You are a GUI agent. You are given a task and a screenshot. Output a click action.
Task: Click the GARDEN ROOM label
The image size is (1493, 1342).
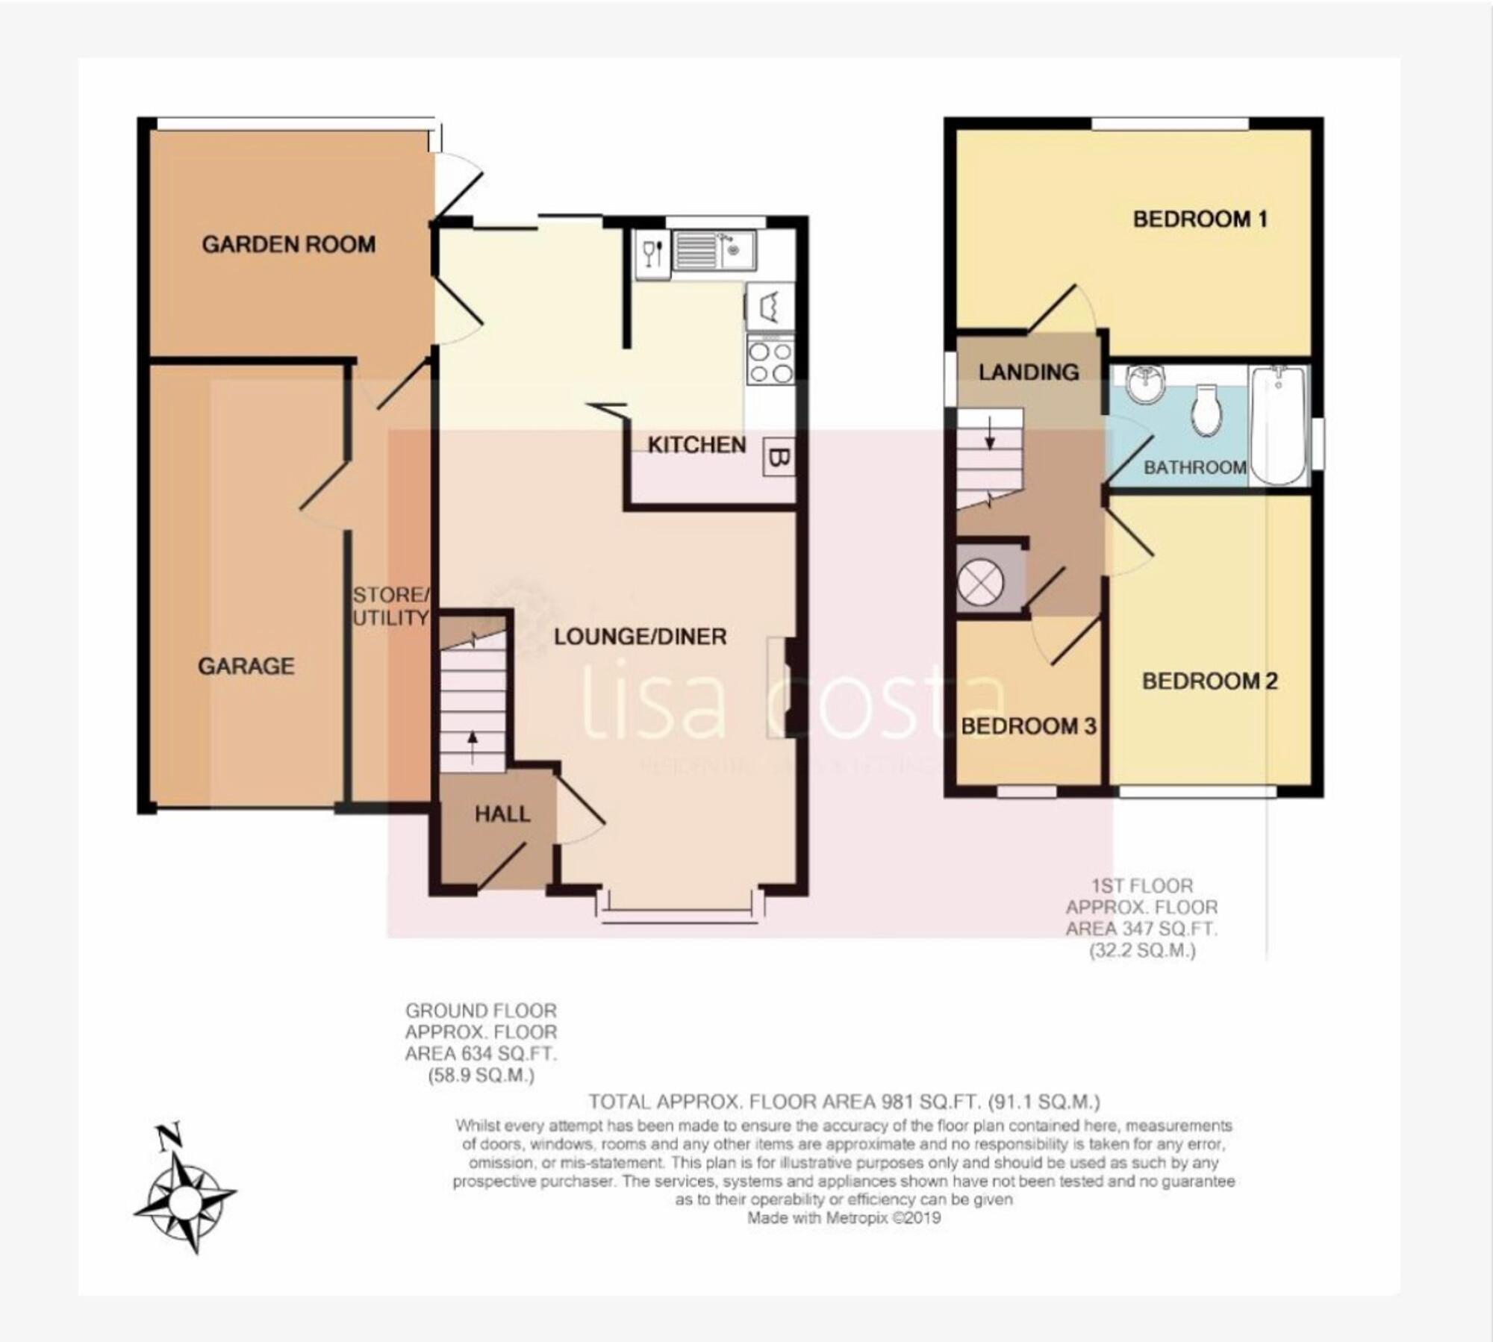click(289, 244)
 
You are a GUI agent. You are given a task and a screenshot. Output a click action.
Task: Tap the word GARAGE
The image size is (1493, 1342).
click(246, 666)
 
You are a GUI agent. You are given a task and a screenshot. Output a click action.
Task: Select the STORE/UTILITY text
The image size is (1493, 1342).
click(390, 606)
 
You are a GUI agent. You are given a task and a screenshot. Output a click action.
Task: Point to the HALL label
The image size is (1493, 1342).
click(502, 814)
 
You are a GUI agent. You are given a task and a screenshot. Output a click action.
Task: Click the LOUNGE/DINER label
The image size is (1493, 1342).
click(640, 637)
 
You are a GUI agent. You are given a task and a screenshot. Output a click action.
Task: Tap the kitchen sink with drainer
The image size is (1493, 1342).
click(713, 251)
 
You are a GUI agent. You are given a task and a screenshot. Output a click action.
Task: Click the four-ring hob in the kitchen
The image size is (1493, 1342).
click(771, 361)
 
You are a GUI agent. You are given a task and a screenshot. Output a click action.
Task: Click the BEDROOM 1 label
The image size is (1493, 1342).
click(1200, 219)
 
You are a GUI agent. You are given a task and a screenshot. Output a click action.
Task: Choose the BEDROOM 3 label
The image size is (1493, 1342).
click(1028, 725)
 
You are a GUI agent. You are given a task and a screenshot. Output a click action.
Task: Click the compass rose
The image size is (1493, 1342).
click(184, 1202)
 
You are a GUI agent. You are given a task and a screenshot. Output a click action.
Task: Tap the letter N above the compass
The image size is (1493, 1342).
click(170, 1137)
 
